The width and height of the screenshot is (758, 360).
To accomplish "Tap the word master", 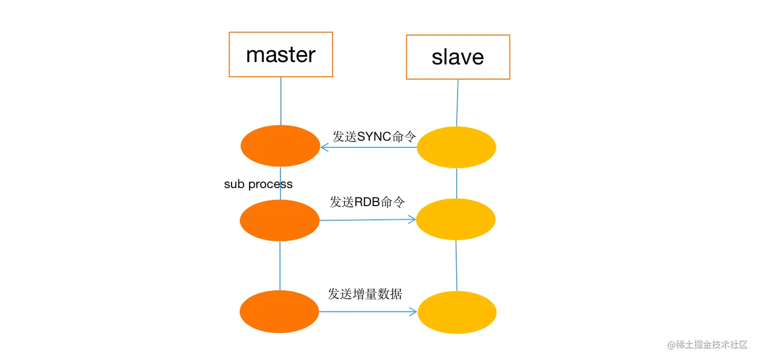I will [281, 55].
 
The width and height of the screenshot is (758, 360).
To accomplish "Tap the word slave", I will [458, 57].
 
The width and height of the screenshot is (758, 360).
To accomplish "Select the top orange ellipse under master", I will [280, 146].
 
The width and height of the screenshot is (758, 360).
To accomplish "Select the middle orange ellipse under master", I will [280, 220].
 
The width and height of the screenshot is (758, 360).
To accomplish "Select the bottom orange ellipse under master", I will [279, 311].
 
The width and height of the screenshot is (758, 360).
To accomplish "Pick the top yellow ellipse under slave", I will [457, 147].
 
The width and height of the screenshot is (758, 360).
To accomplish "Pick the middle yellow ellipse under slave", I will [456, 219].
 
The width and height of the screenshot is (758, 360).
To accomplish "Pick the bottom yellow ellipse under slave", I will [457, 312].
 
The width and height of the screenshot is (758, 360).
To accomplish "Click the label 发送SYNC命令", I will [374, 136].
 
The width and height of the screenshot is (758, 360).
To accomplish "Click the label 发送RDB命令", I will [367, 202].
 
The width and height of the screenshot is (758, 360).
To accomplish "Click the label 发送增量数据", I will [365, 294].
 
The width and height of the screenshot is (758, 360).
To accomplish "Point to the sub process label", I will [258, 184].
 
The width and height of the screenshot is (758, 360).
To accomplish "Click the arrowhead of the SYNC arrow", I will [324, 147].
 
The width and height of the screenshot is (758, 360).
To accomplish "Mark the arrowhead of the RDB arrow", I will [413, 219].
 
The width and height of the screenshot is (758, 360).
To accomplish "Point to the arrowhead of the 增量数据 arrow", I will [414, 312].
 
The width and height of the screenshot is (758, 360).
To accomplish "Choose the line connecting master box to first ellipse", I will [281, 100].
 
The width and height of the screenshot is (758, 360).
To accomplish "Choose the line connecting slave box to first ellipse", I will [457, 103].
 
